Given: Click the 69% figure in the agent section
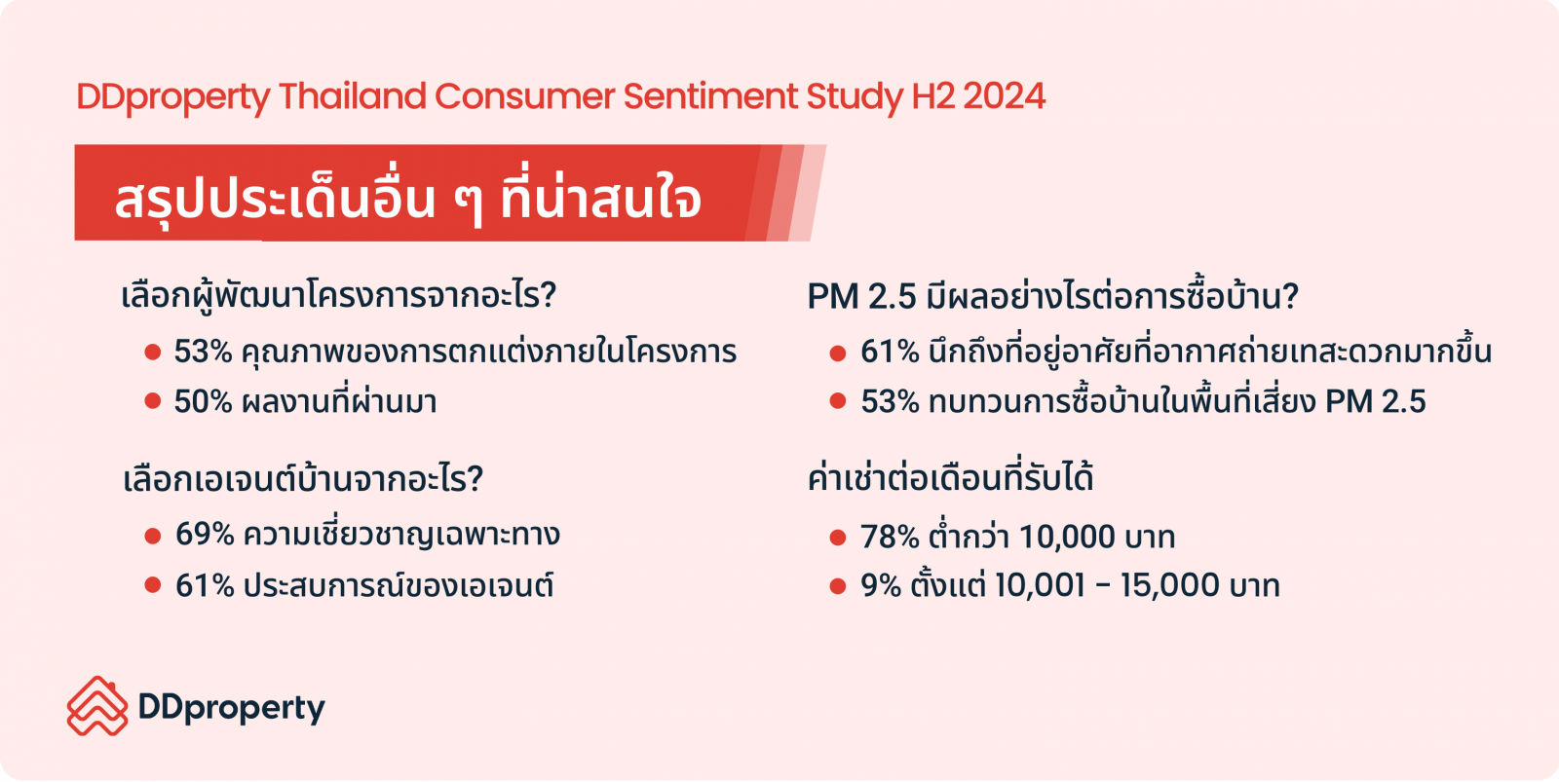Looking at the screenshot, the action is coord(205,535).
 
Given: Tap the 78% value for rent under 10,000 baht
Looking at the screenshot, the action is coord(891,538).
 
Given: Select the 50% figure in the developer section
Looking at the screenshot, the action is coord(203,402).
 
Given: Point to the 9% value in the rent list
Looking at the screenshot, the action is coord(881,585).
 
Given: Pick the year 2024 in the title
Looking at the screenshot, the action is coord(1005,96).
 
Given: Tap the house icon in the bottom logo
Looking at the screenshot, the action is coord(97,706).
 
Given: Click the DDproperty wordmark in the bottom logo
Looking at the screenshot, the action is coord(232,708).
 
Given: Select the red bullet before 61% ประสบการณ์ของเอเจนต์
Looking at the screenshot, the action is coord(153,585).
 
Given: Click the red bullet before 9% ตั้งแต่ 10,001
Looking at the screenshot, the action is coord(838,586).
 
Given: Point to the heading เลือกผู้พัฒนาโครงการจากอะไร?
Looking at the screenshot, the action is coord(339,296).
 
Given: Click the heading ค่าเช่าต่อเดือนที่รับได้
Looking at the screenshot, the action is coord(951,479).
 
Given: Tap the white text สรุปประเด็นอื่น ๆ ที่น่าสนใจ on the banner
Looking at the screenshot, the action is coord(408,200).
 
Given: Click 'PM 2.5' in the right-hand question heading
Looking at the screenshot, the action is coord(861,296).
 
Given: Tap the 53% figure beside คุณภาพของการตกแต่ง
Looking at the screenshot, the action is coord(203,352).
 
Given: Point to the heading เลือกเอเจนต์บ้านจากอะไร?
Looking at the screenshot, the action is coord(303,479).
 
